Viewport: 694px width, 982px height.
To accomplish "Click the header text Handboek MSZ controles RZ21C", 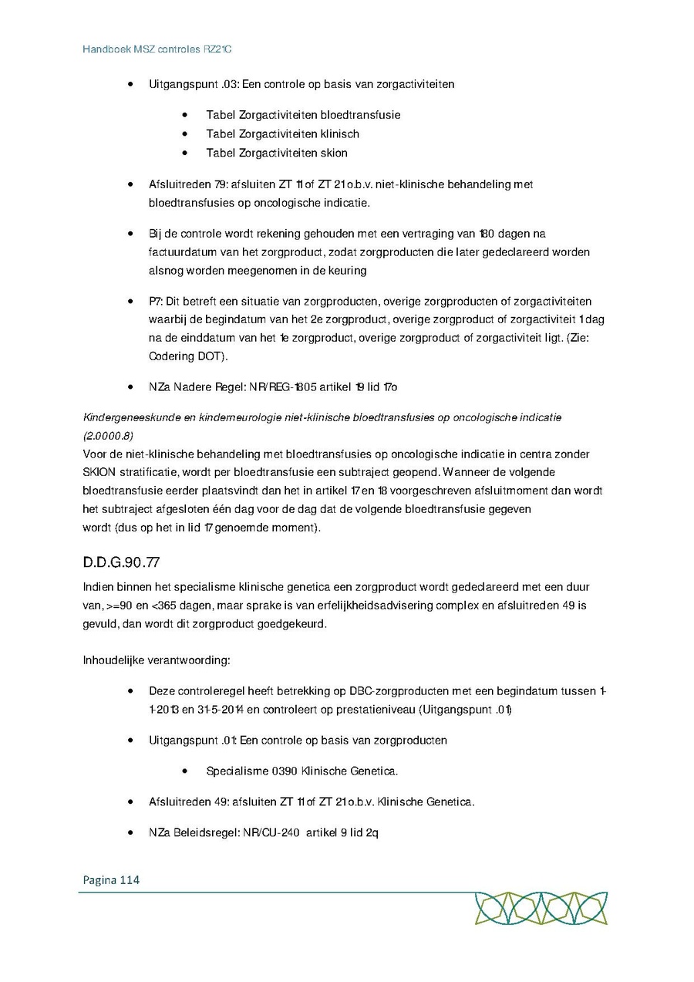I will pyautogui.click(x=157, y=49).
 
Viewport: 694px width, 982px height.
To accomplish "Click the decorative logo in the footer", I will pyautogui.click(x=541, y=908).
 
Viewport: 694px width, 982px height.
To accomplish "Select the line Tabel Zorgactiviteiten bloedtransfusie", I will pyautogui.click(x=303, y=115).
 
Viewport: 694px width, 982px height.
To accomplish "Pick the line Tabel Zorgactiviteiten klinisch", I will pyautogui.click(x=282, y=133).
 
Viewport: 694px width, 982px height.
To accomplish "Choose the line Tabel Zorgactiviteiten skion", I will pyautogui.click(x=277, y=153).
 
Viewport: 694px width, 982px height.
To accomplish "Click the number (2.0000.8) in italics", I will pyautogui.click(x=107, y=436).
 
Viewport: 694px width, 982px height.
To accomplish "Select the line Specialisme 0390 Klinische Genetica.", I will pyautogui.click(x=302, y=771).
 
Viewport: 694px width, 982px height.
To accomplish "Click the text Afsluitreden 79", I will pyautogui.click(x=187, y=185).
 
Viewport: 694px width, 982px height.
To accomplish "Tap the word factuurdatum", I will pyautogui.click(x=184, y=252).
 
